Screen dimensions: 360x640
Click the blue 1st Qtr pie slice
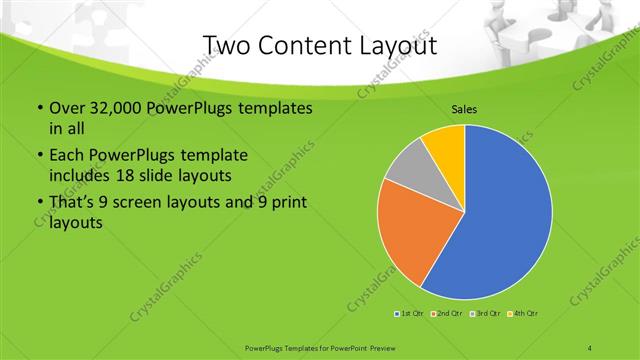505,215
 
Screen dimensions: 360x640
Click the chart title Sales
464,109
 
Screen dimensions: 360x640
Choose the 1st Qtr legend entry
410,314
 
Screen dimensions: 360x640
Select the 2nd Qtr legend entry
445,314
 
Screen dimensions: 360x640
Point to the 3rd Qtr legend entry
482,314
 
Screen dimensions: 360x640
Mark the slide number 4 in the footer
590,346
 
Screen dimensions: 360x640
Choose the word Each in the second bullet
67,156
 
